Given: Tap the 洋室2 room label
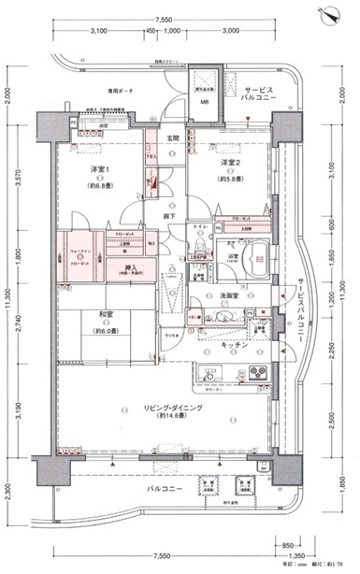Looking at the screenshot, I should coord(231,164).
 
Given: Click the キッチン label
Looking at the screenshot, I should coord(235,345).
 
